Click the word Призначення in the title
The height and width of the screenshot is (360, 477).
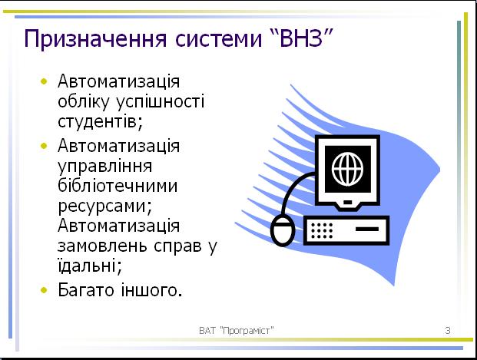click(x=95, y=38)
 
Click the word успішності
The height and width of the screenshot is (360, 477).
click(x=161, y=102)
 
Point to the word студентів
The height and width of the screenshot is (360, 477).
click(x=100, y=121)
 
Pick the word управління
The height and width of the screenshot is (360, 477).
click(x=105, y=167)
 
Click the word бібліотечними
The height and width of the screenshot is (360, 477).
click(x=118, y=185)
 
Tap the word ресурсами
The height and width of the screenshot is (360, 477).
click(x=104, y=206)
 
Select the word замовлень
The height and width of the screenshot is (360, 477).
click(x=104, y=246)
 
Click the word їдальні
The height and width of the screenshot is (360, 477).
click(x=90, y=265)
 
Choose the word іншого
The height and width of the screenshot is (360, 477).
click(x=151, y=290)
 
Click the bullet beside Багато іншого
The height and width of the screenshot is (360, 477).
click(x=44, y=290)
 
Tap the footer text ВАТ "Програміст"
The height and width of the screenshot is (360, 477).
click(x=237, y=330)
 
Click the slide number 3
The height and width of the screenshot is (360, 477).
click(x=448, y=330)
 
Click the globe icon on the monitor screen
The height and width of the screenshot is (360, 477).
click(x=347, y=169)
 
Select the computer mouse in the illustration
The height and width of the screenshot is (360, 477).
click(x=283, y=230)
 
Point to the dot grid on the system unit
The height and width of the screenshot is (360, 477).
click(x=322, y=230)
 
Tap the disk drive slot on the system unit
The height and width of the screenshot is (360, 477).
click(x=367, y=229)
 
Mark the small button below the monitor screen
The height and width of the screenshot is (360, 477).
click(x=348, y=202)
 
